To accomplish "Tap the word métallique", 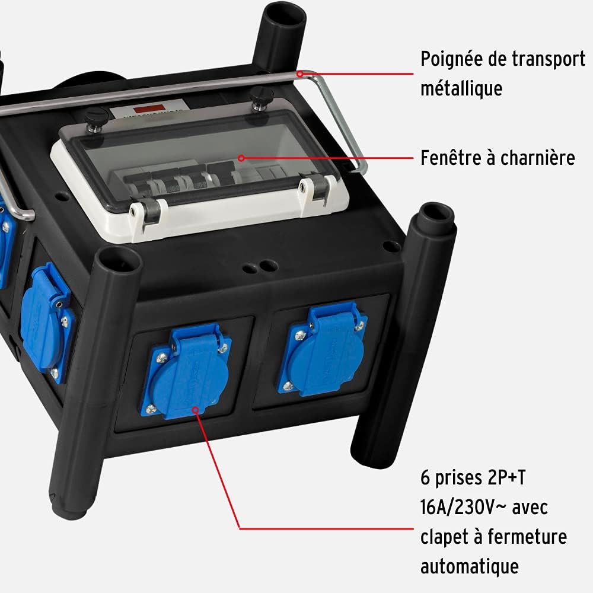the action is [x=461, y=88].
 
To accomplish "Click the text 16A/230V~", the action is [x=463, y=507].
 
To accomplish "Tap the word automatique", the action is [x=469, y=566].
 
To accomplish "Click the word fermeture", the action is [x=527, y=536].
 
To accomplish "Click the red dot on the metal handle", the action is [x=300, y=74].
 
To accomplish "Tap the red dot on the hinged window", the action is [x=241, y=158].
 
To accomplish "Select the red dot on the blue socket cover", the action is [x=195, y=410].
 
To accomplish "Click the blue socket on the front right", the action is [x=323, y=350].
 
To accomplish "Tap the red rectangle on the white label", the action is [x=148, y=109].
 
